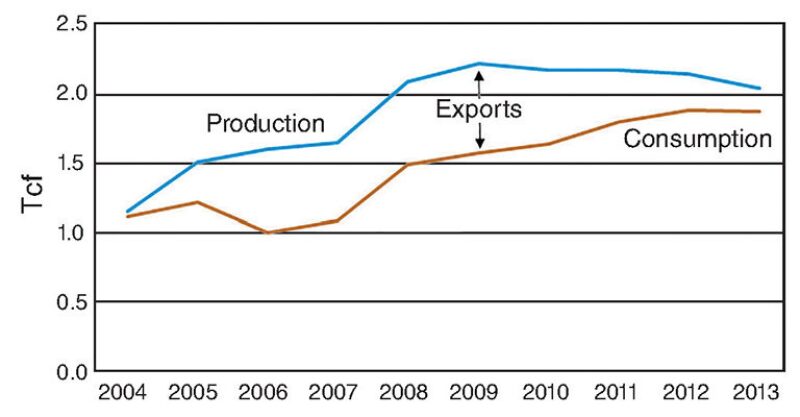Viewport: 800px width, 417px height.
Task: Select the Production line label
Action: coord(265,124)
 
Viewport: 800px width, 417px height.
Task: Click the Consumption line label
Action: coord(697,139)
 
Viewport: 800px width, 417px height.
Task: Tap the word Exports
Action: coord(478,108)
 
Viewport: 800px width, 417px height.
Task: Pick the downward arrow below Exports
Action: coord(478,135)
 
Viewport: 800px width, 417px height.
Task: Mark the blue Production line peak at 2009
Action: coord(478,63)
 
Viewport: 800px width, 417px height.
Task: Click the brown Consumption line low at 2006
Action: coord(267,233)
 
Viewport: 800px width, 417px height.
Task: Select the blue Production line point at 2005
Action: coord(197,162)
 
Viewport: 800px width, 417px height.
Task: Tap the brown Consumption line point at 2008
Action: coord(408,164)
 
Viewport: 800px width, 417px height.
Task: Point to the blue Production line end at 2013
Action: coord(760,88)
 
